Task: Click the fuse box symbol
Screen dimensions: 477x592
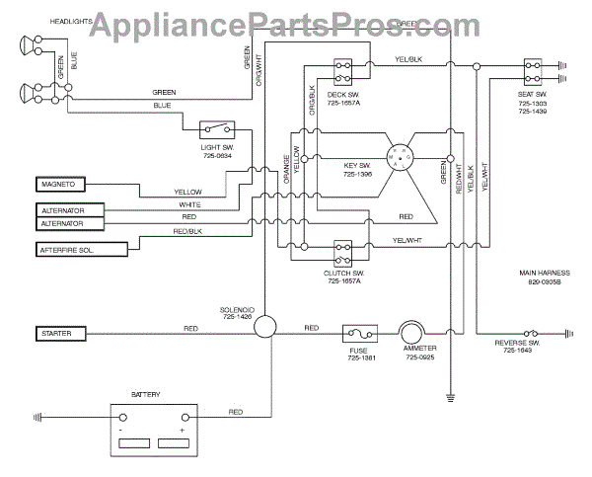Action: pos(356,333)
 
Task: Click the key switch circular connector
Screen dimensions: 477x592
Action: pos(402,156)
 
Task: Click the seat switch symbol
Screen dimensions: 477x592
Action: pos(533,72)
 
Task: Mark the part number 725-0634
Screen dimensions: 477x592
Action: pos(215,155)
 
